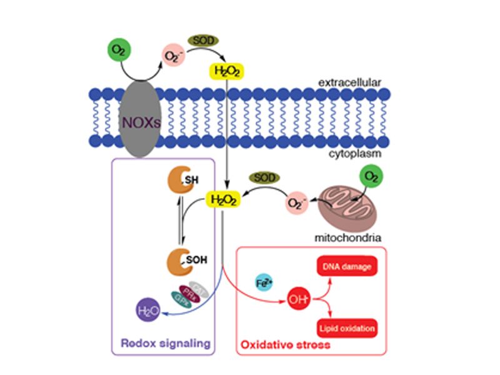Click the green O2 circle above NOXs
click(x=117, y=50)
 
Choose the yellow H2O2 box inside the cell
click(x=222, y=201)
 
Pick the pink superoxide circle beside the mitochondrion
click(x=299, y=203)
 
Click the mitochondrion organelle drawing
click(x=345, y=210)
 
